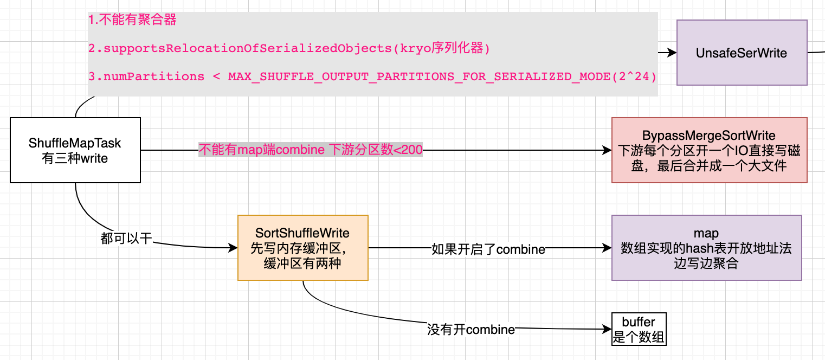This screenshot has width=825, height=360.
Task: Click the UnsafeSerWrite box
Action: pyautogui.click(x=742, y=53)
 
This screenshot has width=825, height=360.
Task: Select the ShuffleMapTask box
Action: pyautogui.click(x=75, y=150)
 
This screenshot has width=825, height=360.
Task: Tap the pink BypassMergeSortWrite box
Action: pyautogui.click(x=709, y=150)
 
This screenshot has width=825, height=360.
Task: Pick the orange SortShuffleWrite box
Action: pyautogui.click(x=302, y=248)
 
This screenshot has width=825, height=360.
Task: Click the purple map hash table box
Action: pyautogui.click(x=706, y=248)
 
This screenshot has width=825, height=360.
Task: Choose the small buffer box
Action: pyautogui.click(x=639, y=329)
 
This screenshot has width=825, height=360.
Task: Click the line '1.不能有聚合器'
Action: pyautogui.click(x=132, y=21)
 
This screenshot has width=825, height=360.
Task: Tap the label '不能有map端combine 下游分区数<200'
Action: pyautogui.click(x=311, y=150)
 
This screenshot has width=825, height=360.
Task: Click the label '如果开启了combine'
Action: pyautogui.click(x=488, y=249)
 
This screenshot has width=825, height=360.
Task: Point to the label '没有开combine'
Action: pyautogui.click(x=470, y=329)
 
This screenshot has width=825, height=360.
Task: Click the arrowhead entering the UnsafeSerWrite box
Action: pyautogui.click(x=673, y=53)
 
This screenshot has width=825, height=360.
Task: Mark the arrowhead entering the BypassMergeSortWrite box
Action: pyautogui.click(x=607, y=150)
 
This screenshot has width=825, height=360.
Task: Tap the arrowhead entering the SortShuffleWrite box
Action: pyautogui.click(x=234, y=248)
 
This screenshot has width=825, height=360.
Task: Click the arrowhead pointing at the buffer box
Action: pyautogui.click(x=607, y=329)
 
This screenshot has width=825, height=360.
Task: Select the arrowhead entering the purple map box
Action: pyautogui.click(x=607, y=248)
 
